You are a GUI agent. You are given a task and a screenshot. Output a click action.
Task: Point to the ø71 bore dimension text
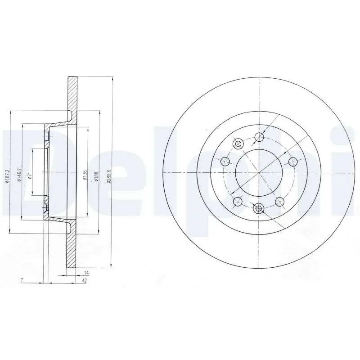coord(29,176)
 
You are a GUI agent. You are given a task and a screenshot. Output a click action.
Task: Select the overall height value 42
coord(84,280)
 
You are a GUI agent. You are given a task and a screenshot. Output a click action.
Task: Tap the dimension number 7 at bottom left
coord(21,280)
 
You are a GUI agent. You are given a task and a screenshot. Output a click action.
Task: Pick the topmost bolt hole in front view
coord(259,137)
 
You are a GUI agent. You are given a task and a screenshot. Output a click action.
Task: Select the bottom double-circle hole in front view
coord(258,208)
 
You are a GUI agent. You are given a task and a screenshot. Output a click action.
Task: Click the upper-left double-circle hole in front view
coord(238,144)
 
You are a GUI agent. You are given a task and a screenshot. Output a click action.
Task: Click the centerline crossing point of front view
coord(259,172)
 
